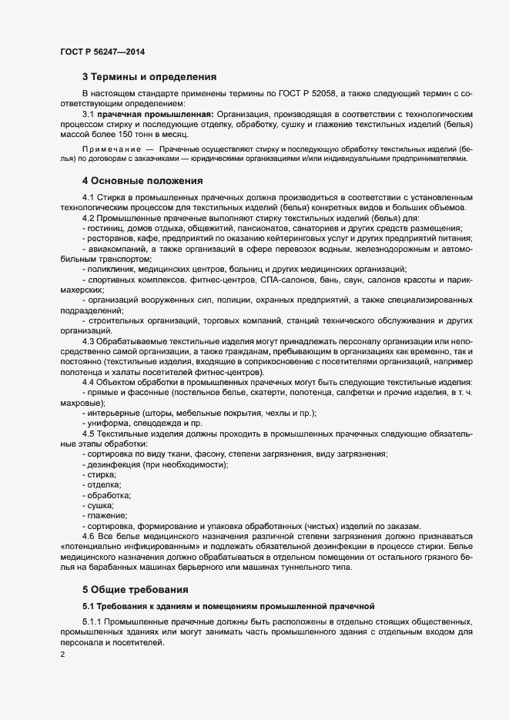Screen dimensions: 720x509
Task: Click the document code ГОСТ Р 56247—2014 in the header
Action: click(102, 52)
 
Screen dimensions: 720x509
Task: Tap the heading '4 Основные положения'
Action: click(142, 182)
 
